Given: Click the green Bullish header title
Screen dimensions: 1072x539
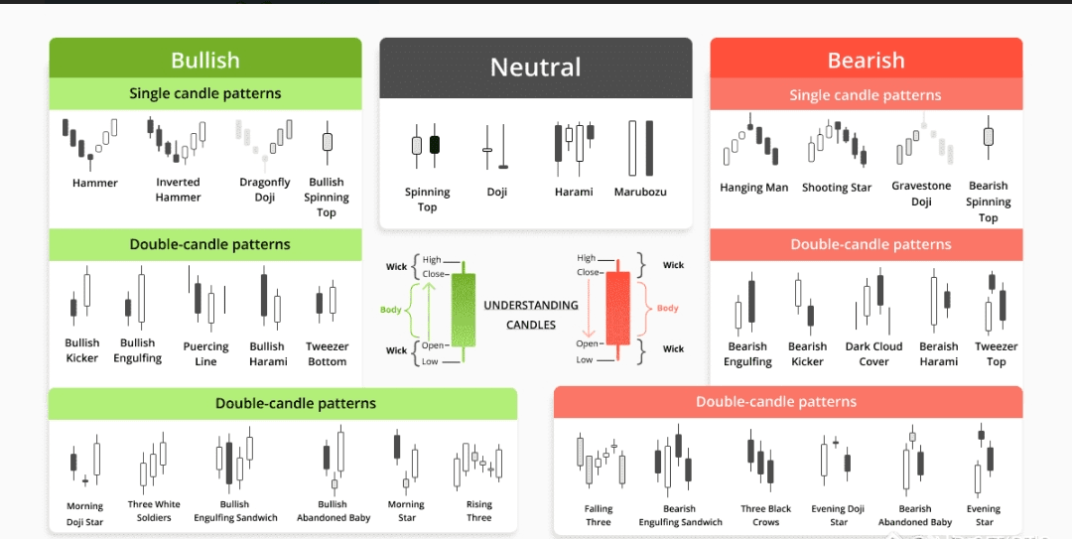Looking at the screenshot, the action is click(x=205, y=61).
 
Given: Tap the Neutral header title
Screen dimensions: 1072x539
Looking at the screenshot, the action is click(x=535, y=67).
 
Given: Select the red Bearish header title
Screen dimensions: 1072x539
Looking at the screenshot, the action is click(x=866, y=61).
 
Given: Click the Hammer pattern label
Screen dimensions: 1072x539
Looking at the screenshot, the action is click(x=95, y=183).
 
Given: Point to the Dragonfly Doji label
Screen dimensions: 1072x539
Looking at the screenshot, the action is click(x=265, y=190).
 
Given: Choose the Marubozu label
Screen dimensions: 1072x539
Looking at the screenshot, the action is click(x=640, y=192).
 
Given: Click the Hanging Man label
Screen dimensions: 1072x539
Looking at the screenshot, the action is click(x=753, y=188).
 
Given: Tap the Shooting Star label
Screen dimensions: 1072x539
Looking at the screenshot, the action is click(x=837, y=188).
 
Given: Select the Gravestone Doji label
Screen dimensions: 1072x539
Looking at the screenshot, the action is click(x=921, y=194).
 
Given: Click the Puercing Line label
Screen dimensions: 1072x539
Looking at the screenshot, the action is click(x=205, y=353).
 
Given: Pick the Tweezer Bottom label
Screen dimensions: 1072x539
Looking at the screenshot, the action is click(x=327, y=353).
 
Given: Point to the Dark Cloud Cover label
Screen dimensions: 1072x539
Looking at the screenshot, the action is click(x=873, y=353).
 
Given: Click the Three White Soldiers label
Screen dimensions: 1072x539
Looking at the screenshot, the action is click(x=154, y=511).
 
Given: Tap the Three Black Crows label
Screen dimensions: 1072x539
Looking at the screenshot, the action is click(x=765, y=515).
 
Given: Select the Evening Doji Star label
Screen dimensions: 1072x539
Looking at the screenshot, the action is click(x=838, y=515).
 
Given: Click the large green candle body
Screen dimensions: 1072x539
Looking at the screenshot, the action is click(x=464, y=310).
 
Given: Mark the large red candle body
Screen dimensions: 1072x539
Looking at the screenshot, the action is click(x=617, y=309).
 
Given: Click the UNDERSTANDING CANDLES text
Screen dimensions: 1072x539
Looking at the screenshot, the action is click(x=531, y=315).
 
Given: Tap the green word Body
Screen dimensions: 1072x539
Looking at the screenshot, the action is click(x=391, y=310).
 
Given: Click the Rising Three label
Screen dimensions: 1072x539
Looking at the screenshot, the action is click(x=479, y=511).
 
